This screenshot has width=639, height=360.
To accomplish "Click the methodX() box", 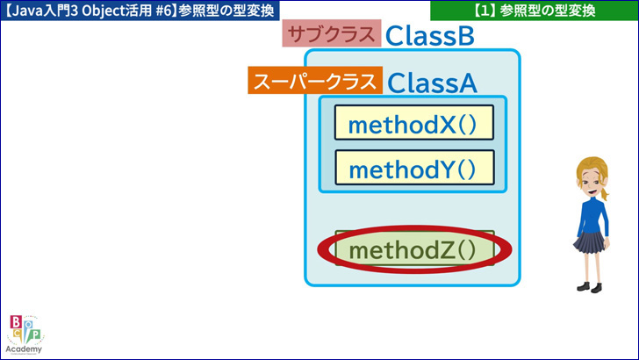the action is tap(414, 123).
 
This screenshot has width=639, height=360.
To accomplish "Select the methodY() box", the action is tap(414, 168).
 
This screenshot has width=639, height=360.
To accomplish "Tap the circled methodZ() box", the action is tap(414, 248).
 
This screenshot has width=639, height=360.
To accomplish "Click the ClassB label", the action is tap(430, 35).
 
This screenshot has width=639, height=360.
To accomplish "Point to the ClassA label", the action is tap(432, 83).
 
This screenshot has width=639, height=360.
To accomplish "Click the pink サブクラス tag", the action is tap(332, 33).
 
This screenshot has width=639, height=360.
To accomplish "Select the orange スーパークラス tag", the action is tap(315, 80).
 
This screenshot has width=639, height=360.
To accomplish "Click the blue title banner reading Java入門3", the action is tap(140, 11).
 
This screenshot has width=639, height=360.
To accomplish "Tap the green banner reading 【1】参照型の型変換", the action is tap(535, 11).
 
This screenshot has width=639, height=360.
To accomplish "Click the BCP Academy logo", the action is tap(25, 335).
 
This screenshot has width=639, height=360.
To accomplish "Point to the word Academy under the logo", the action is tap(24, 349).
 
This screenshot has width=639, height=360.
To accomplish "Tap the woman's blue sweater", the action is tap(593, 216).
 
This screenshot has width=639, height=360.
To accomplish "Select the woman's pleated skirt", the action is tap(589, 242).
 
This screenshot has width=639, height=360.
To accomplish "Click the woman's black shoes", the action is tap(590, 287).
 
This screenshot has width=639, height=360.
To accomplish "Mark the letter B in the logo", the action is tap(16, 322).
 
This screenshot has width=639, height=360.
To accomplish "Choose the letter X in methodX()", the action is tap(448, 125).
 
